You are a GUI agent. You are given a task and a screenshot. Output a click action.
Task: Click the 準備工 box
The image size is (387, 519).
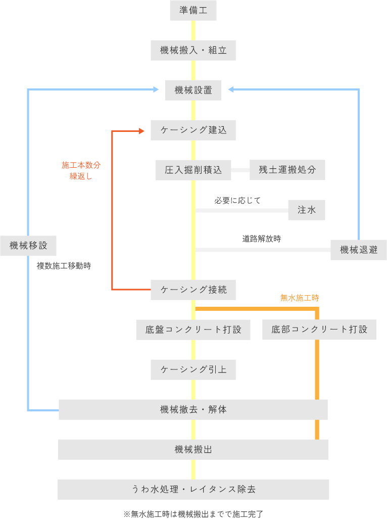click(193, 10)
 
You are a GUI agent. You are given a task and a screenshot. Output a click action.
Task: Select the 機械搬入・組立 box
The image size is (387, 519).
click(193, 50)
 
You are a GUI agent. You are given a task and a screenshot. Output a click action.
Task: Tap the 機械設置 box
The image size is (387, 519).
click(193, 90)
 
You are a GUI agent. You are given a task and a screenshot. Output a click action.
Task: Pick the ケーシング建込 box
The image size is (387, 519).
click(193, 130)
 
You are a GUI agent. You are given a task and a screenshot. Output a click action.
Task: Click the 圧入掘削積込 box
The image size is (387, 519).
click(193, 170)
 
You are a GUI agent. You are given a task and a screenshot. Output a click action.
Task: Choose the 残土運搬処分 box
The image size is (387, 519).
click(287, 170)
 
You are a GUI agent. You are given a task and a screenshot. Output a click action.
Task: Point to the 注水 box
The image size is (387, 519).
click(306, 210)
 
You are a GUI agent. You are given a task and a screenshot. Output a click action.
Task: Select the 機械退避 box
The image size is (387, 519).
click(359, 250)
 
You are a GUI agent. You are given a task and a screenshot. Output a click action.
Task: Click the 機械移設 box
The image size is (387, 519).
click(28, 246)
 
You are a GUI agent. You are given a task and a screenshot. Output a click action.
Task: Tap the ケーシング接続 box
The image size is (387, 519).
click(193, 290)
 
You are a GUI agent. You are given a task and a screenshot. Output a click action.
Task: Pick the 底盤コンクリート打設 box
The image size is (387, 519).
click(193, 329)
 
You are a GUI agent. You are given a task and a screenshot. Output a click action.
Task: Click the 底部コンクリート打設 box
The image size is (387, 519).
click(319, 329)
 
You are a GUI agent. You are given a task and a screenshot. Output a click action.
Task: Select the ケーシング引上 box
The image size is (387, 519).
click(193, 369)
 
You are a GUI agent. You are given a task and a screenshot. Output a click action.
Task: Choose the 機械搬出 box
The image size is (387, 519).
click(193, 449)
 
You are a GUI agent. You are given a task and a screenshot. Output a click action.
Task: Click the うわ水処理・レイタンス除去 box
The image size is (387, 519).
click(193, 489)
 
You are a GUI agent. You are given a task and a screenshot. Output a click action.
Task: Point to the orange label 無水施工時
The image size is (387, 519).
click(300, 298)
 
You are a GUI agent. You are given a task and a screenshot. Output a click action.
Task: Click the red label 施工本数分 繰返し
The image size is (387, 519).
click(81, 171)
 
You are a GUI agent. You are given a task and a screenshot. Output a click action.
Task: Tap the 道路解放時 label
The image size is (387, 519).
click(261, 239)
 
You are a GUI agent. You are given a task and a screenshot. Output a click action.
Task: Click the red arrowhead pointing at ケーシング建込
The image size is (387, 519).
click(141, 131)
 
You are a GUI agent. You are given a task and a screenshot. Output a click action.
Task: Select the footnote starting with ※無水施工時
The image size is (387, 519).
click(193, 513)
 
